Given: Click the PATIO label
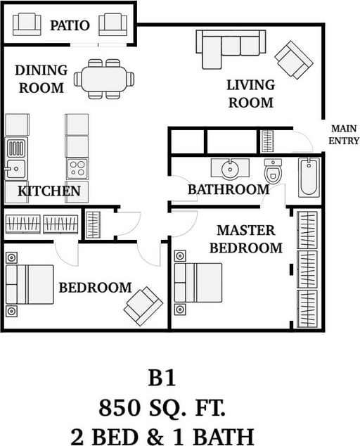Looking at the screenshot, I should tap(70, 26).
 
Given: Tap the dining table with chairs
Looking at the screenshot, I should tap(105, 77).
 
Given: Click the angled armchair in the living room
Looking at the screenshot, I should tap(294, 59).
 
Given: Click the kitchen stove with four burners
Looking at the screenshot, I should tap(77, 169).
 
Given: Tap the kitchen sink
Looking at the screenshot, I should tap(15, 170).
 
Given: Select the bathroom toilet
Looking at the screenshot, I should tap(273, 170).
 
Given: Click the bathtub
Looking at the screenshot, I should tap(309, 177).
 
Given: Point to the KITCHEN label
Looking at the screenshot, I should tap(49, 191).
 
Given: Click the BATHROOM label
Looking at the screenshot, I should tap(229, 189).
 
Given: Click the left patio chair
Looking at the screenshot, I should tap(27, 25).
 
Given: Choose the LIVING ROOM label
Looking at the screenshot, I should tap(250, 94).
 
